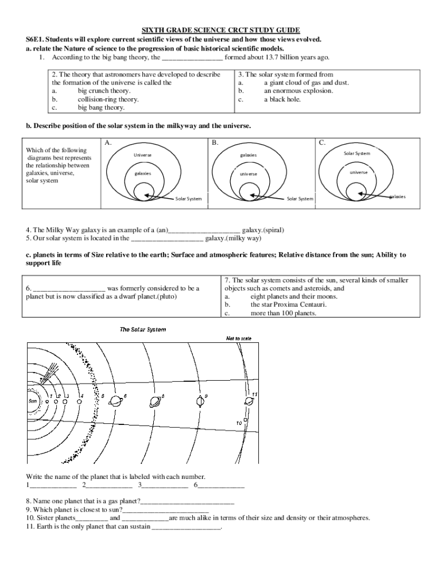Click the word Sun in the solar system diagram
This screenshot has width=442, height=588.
point(33,401)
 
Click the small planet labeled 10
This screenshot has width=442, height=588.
point(247,417)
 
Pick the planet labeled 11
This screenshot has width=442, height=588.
point(249,400)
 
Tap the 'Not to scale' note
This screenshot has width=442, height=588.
point(238,338)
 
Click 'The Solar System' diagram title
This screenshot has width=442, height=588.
point(142,330)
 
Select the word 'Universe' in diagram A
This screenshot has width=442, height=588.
point(143,155)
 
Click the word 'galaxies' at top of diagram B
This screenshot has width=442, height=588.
point(248,155)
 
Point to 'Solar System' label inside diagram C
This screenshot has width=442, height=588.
point(356,153)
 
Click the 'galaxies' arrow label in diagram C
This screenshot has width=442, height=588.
point(397,196)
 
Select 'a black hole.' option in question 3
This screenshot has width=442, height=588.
point(282,99)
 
